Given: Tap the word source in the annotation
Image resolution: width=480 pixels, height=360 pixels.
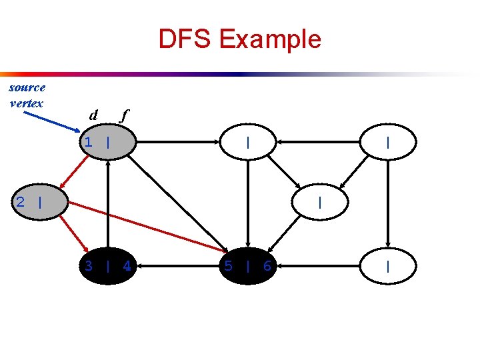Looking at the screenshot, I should point(27,87).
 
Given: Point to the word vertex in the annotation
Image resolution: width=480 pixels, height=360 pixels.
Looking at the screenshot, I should point(27,103).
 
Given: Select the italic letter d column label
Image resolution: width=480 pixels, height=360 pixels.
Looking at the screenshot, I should point(94,115).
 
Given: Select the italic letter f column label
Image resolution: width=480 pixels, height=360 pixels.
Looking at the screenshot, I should point(123,115).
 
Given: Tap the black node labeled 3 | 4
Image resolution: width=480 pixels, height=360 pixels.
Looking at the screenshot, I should point(107,266).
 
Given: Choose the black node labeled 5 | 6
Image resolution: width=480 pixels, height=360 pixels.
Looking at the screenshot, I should point(247,266).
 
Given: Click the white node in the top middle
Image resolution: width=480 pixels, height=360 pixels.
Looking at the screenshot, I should point(247,142).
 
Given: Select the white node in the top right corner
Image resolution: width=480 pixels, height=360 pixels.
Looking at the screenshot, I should point(388,142).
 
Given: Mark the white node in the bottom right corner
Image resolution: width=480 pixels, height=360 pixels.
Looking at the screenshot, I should point(388,266).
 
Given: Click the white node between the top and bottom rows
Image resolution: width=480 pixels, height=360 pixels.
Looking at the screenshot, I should point(321,202).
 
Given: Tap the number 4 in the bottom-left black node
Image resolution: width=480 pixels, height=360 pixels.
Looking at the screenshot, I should point(127,267).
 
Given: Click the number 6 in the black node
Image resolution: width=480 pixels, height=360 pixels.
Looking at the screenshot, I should point(267,267).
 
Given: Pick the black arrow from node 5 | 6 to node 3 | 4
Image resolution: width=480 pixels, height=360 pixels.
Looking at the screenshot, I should point(177,266).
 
